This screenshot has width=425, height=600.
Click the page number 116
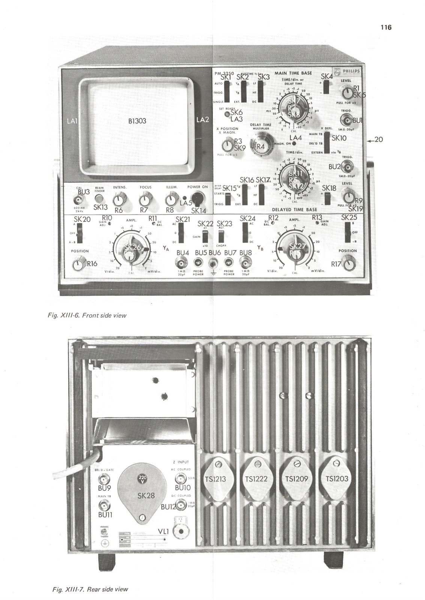(385, 27)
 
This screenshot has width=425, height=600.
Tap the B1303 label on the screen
(137, 121)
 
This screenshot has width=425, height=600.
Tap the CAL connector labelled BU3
(80, 198)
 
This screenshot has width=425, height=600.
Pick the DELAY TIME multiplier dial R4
(260, 145)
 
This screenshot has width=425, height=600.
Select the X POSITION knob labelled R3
(227, 144)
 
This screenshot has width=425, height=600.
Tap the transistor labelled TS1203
(337, 478)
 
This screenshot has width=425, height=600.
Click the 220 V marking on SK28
(143, 478)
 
